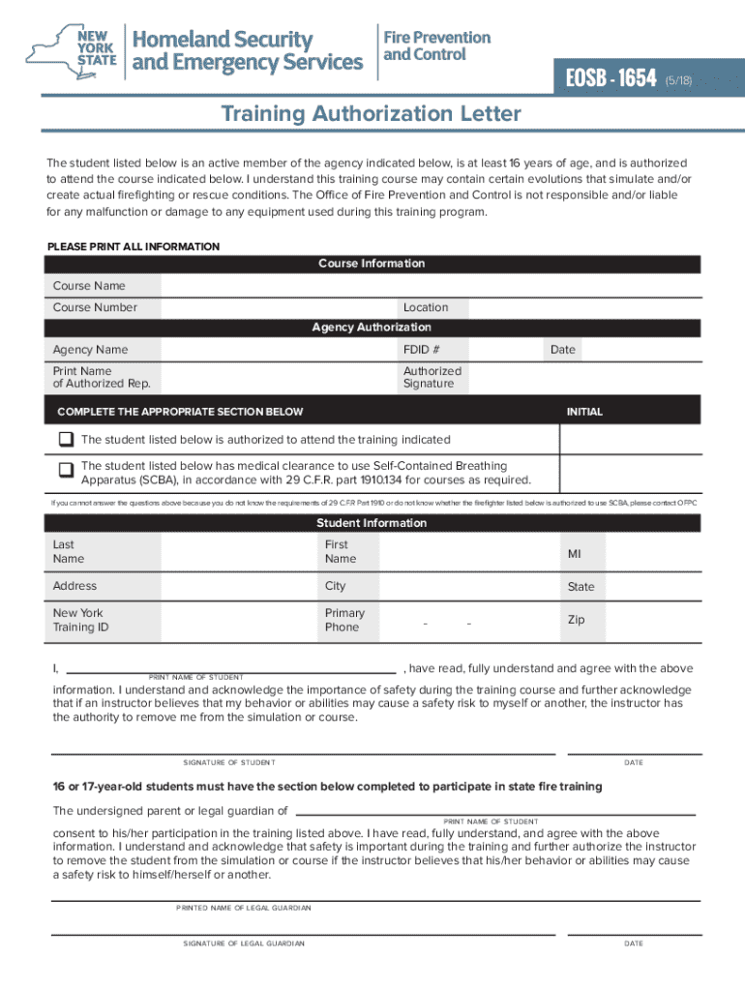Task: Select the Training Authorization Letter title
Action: click(372, 114)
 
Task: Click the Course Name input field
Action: click(430, 285)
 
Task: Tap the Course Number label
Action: click(95, 307)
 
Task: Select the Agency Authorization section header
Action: click(372, 328)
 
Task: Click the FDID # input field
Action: click(505, 350)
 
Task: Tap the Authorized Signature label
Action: click(432, 377)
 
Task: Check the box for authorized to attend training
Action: click(66, 439)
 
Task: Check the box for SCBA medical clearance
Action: click(66, 471)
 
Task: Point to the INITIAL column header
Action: click(584, 412)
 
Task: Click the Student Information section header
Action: click(372, 523)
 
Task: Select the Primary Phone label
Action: click(344, 620)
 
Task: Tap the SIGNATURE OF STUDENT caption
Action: click(228, 763)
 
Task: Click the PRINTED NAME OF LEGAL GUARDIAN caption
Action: click(244, 908)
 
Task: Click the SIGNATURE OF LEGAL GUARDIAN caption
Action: click(244, 943)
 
